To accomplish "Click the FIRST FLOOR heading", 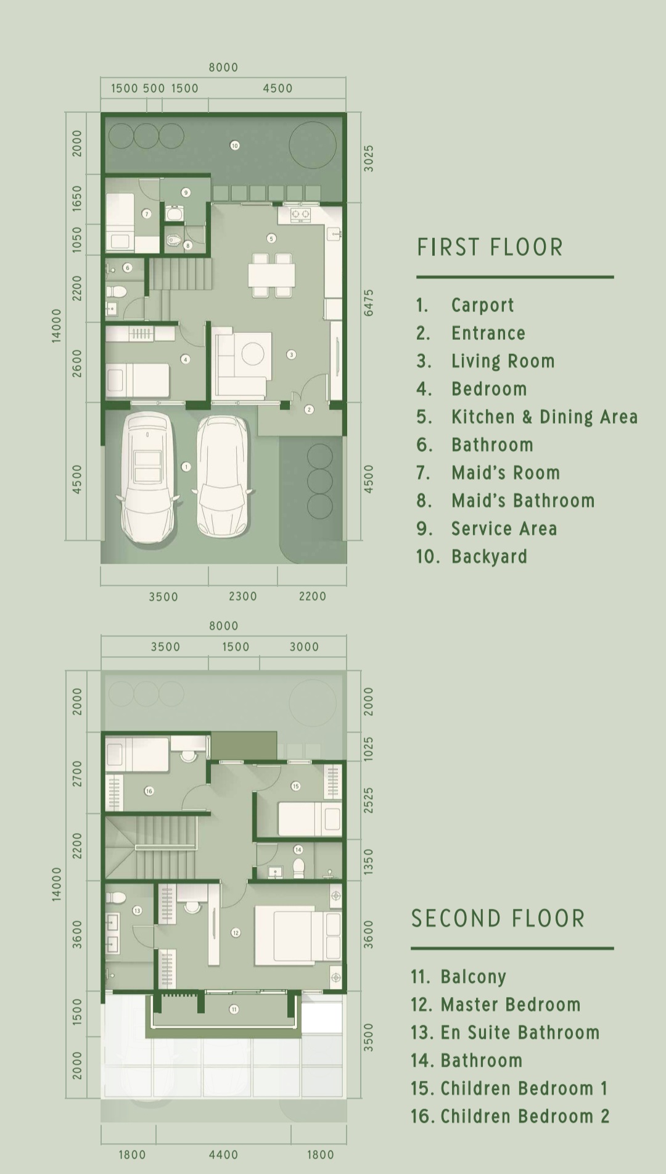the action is point(490,247).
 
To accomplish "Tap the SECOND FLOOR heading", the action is point(498,919).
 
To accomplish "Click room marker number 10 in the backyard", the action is point(234,146).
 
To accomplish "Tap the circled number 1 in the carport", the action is point(186,467).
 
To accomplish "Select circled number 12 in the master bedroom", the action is point(236,933).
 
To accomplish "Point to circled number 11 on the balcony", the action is point(234,1009).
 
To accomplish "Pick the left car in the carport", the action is point(147,478).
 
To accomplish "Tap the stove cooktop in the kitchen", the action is point(300,215).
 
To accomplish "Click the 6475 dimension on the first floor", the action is point(368,303).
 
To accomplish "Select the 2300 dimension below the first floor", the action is point(243,596).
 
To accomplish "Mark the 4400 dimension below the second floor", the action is point(223,1154).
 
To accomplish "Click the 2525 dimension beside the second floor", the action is point(368,800).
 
